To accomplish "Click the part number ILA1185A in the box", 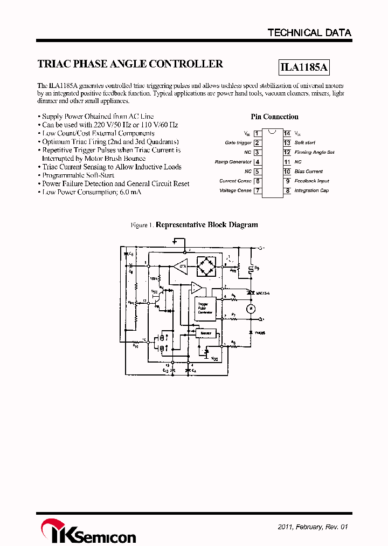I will tap(304, 68).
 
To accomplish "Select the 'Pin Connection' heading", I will tap(274, 117).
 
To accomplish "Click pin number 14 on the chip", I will tap(287, 133).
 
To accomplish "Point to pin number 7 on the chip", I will tap(258, 190).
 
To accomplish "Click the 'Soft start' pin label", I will tap(305, 143).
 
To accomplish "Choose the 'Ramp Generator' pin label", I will tap(233, 162).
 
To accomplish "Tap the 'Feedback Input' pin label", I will tap(311, 181).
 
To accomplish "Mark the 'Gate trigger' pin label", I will tap(238, 143).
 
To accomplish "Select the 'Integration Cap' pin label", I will tap(311, 190).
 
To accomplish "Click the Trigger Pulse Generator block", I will tap(205, 308).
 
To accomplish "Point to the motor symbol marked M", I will tap(250, 308).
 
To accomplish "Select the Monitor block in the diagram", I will tap(205, 333).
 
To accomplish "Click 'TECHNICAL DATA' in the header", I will tap(309, 33).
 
